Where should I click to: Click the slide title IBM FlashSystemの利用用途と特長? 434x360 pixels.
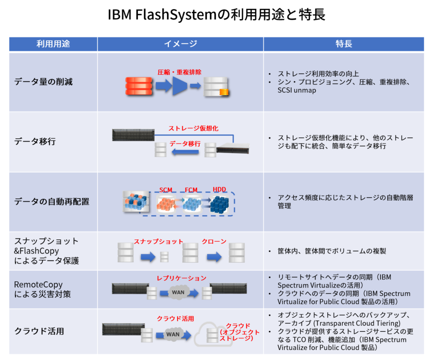click(217, 15)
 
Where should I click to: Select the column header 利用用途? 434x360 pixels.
click(53, 44)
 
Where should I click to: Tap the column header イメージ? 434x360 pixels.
click(180, 44)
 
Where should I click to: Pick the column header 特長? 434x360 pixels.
click(344, 44)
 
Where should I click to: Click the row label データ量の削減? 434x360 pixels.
click(43, 82)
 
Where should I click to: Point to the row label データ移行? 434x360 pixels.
click(35, 142)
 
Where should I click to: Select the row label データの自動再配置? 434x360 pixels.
click(51, 201)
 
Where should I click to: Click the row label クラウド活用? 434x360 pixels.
click(39, 331)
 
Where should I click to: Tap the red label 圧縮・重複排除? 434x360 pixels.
click(179, 72)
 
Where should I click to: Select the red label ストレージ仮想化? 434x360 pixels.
click(193, 128)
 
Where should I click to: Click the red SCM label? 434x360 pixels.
click(166, 190)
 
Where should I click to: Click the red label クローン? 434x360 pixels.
click(214, 242)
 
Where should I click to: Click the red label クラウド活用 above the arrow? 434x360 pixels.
click(175, 319)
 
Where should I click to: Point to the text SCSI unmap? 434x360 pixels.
click(298, 91)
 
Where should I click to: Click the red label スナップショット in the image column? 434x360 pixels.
click(158, 242)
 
